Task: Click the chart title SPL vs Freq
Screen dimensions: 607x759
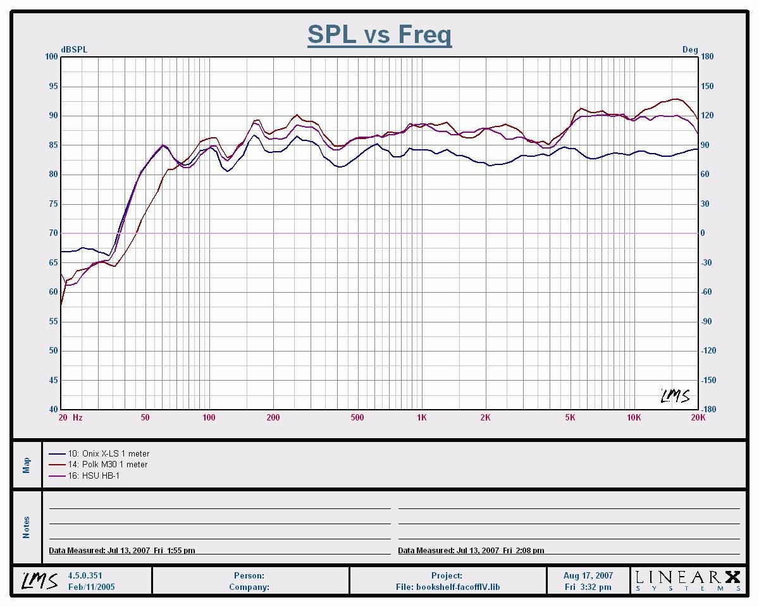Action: pos(379,34)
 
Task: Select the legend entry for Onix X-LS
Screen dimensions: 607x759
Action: pos(108,453)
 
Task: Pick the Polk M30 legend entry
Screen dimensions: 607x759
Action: pos(108,465)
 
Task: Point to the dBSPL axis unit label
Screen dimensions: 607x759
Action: pos(74,49)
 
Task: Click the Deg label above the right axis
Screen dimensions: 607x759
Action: pos(689,49)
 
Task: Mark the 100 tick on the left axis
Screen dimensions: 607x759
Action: pos(51,57)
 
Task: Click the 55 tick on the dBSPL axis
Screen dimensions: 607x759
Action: pos(52,321)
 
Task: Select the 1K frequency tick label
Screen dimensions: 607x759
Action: pos(422,418)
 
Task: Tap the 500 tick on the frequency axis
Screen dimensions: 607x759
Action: pos(357,418)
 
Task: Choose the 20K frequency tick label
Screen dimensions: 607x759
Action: pos(698,418)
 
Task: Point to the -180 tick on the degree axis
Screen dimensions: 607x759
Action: pos(708,409)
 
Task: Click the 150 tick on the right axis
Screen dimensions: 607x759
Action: pos(707,86)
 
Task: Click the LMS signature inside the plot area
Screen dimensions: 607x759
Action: pos(675,396)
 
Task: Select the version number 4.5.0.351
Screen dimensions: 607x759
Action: pos(85,576)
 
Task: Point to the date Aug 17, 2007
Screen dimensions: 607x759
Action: pos(588,576)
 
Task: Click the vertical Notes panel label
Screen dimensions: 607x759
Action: pos(26,527)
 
